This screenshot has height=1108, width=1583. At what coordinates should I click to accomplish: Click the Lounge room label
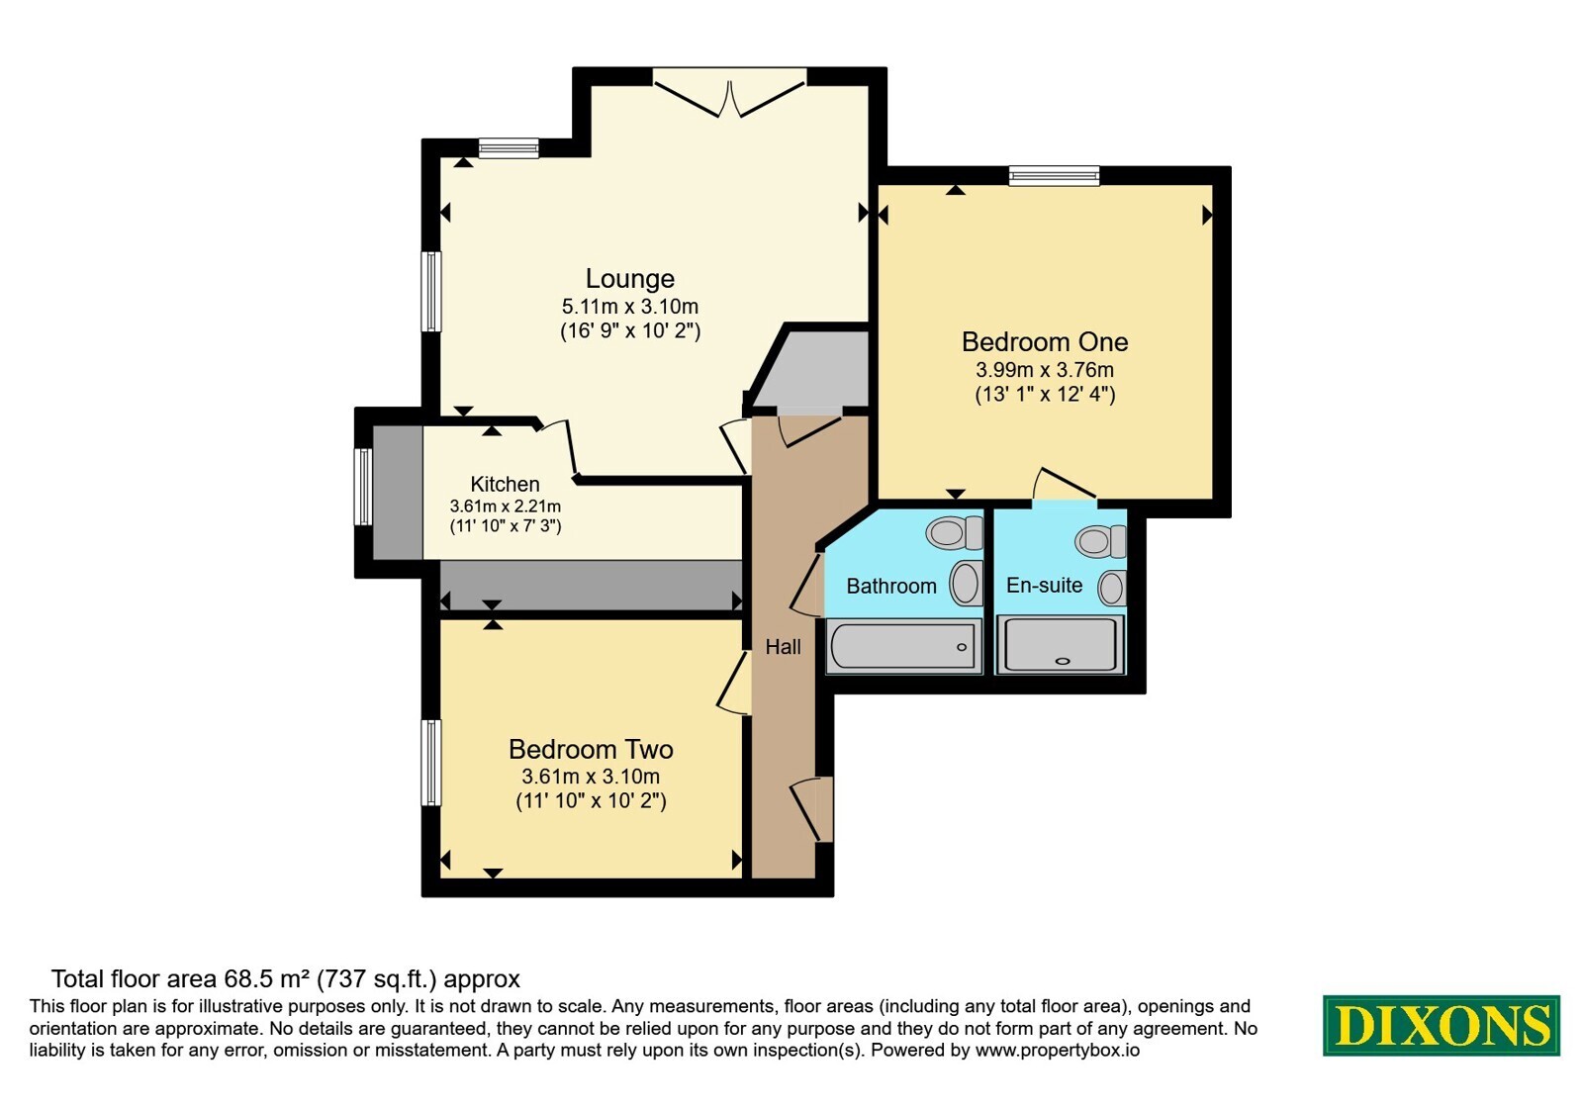[x=629, y=279]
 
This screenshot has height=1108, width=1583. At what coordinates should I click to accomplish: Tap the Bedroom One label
[x=1045, y=342]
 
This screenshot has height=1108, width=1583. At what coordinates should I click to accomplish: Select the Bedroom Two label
[x=591, y=749]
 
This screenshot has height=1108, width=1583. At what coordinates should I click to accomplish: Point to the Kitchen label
[x=505, y=484]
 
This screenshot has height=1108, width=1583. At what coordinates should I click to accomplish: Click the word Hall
[x=783, y=647]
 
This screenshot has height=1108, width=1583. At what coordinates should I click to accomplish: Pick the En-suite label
[x=1045, y=585]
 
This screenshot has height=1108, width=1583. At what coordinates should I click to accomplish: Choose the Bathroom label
[x=891, y=586]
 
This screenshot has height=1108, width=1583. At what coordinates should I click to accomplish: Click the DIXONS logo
[x=1441, y=1025]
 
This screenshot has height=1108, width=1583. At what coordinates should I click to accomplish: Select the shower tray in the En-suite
[x=1060, y=644]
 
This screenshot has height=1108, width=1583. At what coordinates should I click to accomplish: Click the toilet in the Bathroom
[x=954, y=532]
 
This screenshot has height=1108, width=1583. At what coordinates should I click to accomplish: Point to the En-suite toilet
[x=1100, y=541]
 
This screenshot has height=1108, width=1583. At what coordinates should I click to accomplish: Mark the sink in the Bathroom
[x=966, y=584]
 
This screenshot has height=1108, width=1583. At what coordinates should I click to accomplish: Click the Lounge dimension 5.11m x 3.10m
[x=629, y=307]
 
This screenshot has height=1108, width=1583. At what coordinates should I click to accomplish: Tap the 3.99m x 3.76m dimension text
[x=1045, y=370]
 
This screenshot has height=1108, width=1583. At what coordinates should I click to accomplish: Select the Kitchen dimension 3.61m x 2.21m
[x=505, y=506]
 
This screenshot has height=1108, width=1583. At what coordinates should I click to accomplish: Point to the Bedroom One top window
[x=1054, y=175]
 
